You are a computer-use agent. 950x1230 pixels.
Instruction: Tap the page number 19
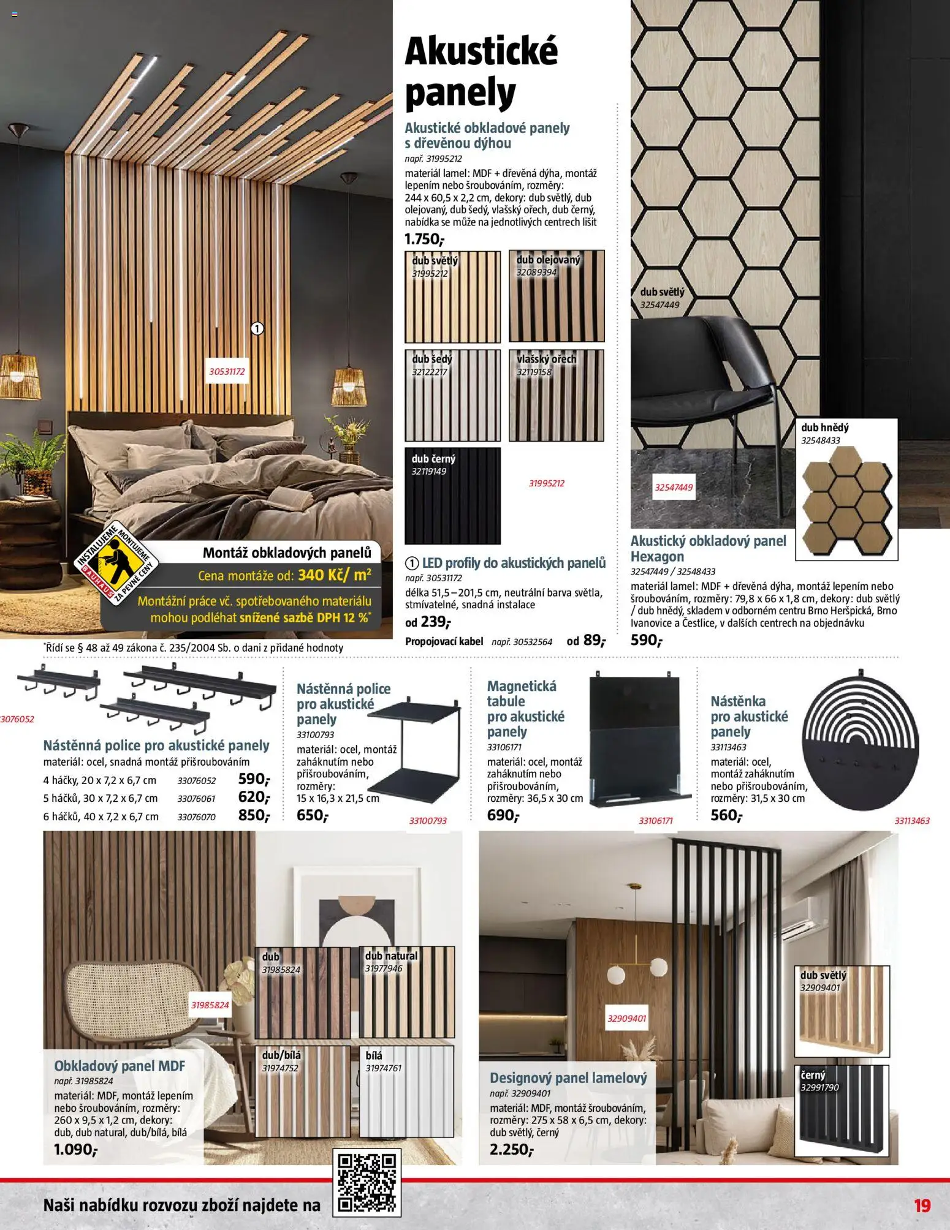point(922,1206)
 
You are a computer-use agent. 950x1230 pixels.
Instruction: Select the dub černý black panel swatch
point(452,496)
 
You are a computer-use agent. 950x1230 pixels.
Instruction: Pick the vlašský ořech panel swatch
point(557,396)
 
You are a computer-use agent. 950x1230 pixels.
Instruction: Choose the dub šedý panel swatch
point(452,396)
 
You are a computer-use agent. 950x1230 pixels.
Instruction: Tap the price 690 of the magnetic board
point(503,815)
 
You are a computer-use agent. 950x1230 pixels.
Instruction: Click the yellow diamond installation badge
point(117,564)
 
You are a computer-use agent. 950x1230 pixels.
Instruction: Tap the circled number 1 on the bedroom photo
point(257,329)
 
